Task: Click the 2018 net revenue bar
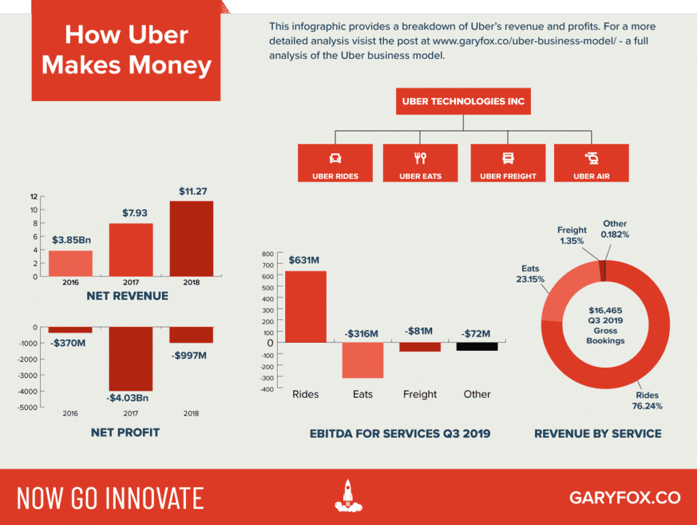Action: (x=191, y=238)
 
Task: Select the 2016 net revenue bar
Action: (x=70, y=263)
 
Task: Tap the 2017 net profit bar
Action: (x=131, y=358)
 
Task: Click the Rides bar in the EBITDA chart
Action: (x=305, y=306)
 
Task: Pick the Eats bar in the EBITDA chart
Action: (x=362, y=360)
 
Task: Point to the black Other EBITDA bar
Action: (x=476, y=346)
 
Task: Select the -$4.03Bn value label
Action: (x=131, y=399)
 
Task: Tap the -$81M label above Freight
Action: (x=420, y=331)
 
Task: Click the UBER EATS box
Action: (x=420, y=163)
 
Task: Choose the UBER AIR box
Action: (x=591, y=163)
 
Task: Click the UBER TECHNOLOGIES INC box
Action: (x=464, y=102)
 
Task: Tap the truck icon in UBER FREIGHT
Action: (x=508, y=158)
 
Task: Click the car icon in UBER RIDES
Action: (x=335, y=158)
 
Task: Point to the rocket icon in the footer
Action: (x=348, y=496)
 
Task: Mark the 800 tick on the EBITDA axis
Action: (x=268, y=254)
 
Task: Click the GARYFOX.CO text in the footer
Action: (x=625, y=497)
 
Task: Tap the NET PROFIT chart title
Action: (x=125, y=432)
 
